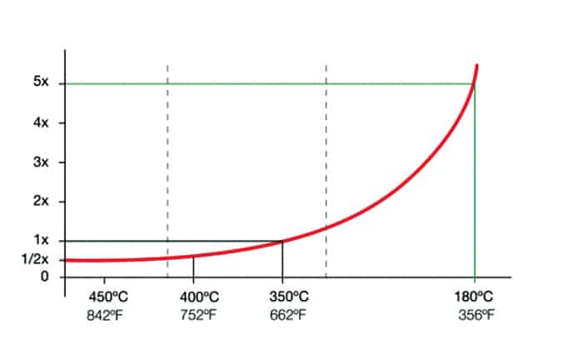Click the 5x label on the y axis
point(42,83)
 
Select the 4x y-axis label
point(42,122)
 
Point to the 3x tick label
point(42,162)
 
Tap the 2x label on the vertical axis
point(42,201)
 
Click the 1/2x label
point(37,260)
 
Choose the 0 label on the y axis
point(45,277)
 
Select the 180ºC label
point(476,297)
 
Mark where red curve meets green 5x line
point(474,83)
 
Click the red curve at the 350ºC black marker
point(282,241)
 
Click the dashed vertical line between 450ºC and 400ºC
point(167,167)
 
